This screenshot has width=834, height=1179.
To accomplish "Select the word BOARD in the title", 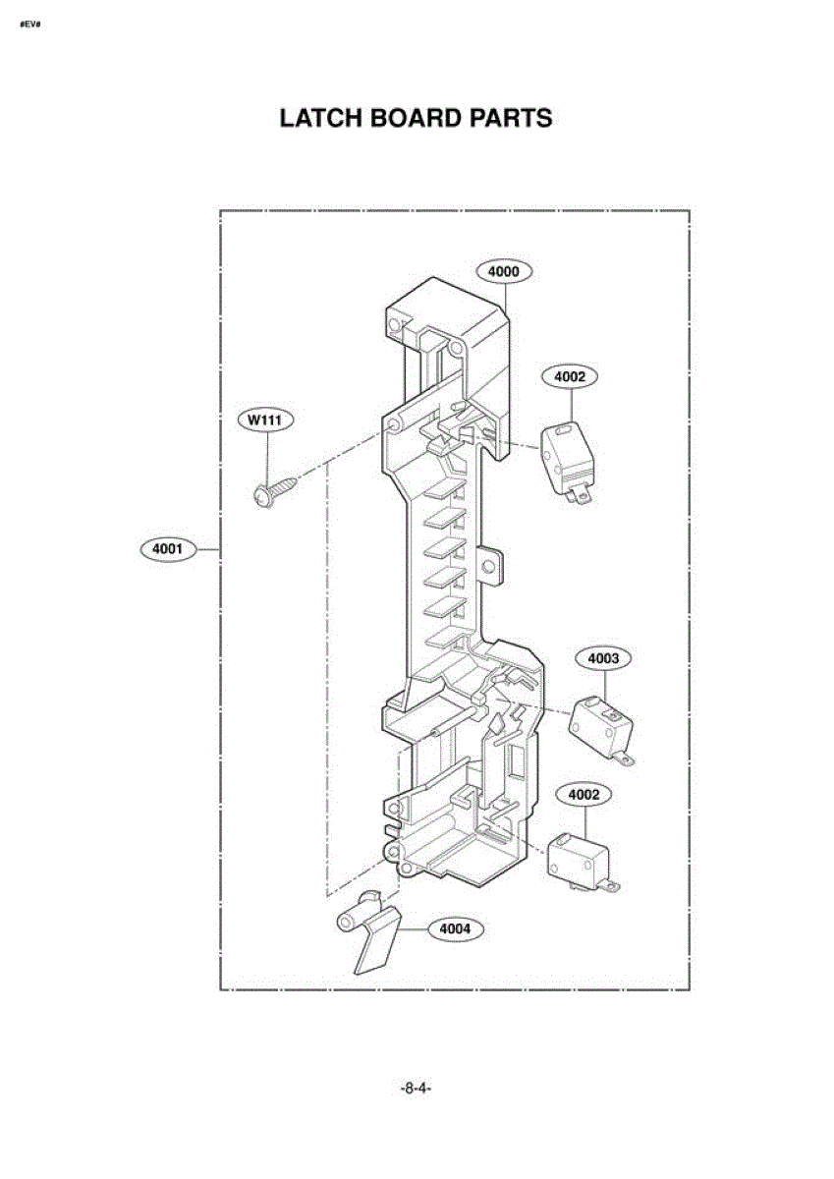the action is (x=414, y=119).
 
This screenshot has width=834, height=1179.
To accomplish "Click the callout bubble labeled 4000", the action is (x=504, y=270).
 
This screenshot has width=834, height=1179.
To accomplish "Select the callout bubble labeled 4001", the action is (x=168, y=549).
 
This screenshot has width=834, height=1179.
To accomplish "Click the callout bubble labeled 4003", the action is (x=603, y=658).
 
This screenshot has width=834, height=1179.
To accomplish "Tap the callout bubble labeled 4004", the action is (x=455, y=927).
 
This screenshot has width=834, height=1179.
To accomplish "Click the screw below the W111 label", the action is (x=274, y=490).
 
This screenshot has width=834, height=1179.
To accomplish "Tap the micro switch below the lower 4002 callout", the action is (x=578, y=861).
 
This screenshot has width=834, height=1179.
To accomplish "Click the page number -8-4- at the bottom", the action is (x=417, y=1089).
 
